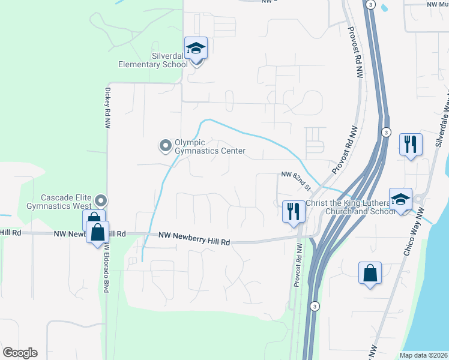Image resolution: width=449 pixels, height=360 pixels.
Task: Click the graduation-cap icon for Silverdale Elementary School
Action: pos(196,48)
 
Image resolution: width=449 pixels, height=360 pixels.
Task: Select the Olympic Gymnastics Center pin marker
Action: pos(165,146)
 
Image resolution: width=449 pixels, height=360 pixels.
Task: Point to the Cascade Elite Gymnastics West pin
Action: pos(101,200)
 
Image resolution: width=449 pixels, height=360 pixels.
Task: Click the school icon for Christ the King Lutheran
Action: pos(400,200)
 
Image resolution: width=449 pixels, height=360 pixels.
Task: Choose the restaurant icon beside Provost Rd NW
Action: pos(294,212)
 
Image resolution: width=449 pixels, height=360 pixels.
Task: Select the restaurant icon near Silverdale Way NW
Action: pos(411,145)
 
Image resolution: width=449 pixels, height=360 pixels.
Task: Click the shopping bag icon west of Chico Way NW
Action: pos(370,274)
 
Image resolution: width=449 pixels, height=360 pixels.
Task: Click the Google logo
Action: pos(20,353)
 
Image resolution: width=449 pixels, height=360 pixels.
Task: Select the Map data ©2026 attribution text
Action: pos(423,355)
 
